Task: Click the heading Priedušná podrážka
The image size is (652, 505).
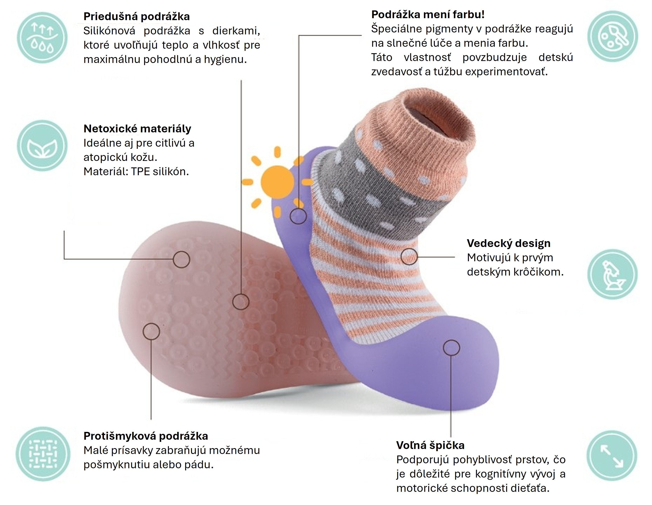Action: coord(136,16)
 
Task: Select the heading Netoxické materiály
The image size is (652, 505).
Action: coord(137,129)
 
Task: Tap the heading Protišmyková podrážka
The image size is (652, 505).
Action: coord(146,436)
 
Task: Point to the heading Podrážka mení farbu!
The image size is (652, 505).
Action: coord(428,14)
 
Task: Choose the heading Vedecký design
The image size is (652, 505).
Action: coord(508,243)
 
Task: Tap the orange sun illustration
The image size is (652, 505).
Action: coord(277,182)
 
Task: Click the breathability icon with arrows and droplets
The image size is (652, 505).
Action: coord(42,38)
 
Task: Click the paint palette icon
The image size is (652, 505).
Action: coord(613,36)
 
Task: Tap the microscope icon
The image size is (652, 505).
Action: coord(613,274)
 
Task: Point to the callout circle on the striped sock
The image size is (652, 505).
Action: coord(409,256)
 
